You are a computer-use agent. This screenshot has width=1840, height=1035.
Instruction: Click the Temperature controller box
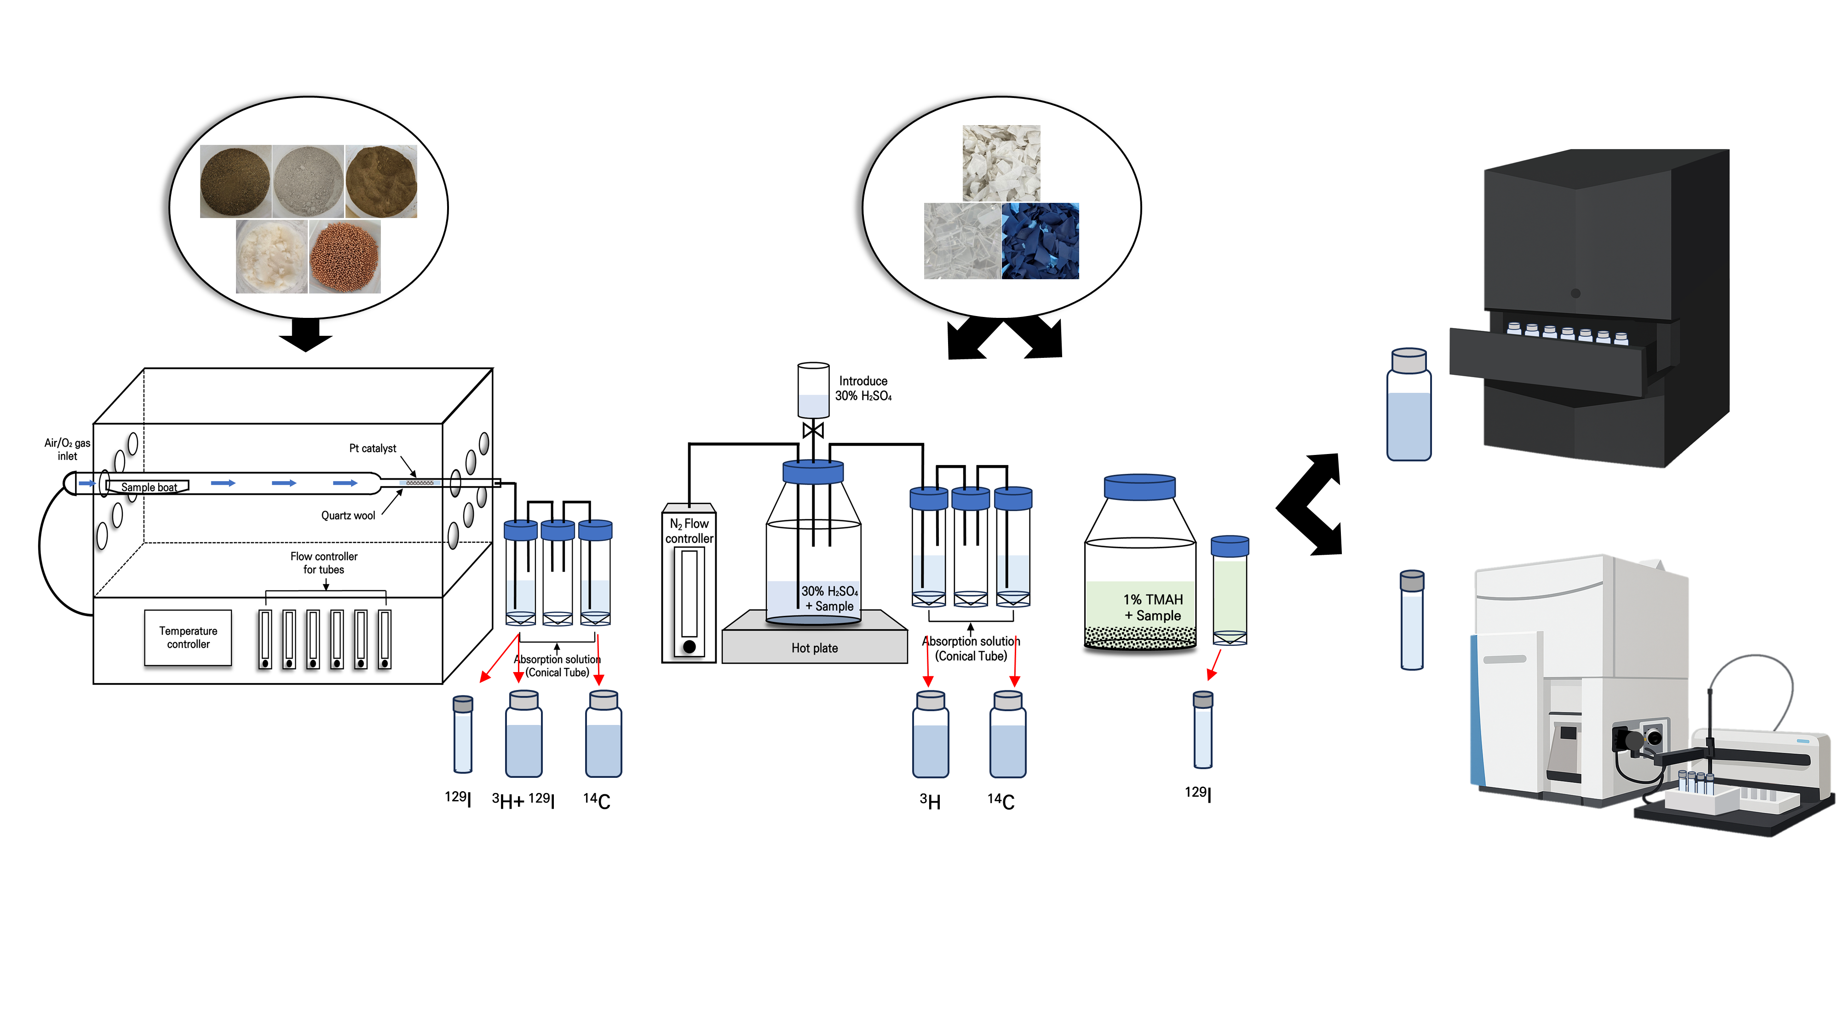[188, 637]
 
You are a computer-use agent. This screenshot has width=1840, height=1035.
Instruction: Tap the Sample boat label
[149, 487]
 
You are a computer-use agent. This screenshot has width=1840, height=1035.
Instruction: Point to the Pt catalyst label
[372, 448]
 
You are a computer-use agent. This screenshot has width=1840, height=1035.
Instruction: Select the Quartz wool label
[348, 516]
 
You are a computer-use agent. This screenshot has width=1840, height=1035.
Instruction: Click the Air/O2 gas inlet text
[67, 449]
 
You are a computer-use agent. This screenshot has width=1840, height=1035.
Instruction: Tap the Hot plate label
[814, 648]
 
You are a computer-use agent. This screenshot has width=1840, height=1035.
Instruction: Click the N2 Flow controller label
[689, 531]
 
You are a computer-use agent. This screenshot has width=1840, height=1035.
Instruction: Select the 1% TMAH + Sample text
[1153, 607]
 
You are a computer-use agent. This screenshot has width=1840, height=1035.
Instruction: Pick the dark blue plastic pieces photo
[1040, 241]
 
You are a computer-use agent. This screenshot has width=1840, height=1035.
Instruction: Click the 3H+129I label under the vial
[523, 800]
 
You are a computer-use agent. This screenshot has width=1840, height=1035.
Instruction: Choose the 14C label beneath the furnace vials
[597, 800]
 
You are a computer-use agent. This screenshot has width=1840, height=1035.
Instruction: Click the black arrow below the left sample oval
[306, 334]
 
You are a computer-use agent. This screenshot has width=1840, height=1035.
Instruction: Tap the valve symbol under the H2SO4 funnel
[813, 430]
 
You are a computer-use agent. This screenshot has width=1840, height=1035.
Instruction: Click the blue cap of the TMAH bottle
[1139, 487]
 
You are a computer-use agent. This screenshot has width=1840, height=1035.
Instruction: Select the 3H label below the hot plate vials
[930, 801]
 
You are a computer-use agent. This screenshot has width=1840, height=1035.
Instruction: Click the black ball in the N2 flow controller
[689, 646]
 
